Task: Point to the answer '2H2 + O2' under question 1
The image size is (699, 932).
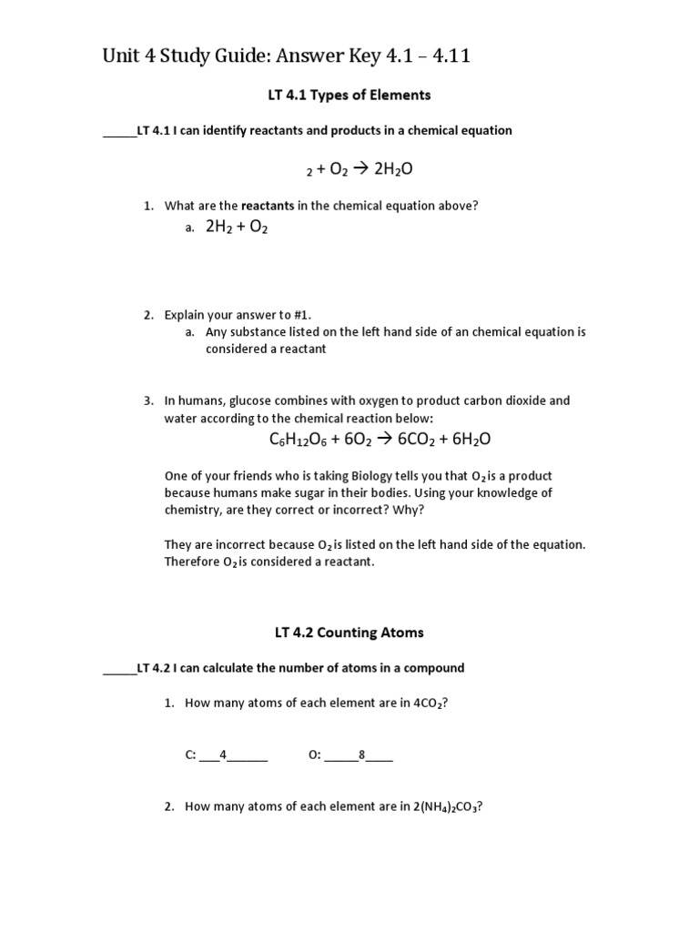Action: [x=237, y=228]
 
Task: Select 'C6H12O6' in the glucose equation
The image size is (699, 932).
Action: [x=299, y=440]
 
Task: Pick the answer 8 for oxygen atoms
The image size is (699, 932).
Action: [x=361, y=755]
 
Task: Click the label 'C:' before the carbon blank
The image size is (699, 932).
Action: [x=191, y=755]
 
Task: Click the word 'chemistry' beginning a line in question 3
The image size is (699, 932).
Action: [x=192, y=510]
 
